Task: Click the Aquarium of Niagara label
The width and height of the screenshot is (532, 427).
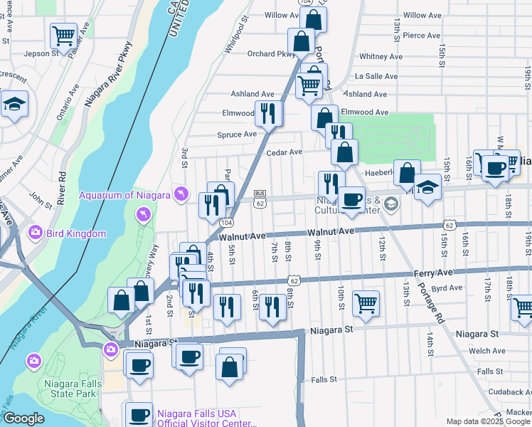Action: point(124,195)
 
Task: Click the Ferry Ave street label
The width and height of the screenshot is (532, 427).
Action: point(432,273)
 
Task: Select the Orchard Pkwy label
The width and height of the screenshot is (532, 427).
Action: point(271,53)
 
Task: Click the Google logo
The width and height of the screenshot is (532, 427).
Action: point(23,418)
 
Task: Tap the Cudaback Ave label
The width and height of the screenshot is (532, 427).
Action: point(501,391)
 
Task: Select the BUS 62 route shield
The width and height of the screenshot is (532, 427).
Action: point(260,199)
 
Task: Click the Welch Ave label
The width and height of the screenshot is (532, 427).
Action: point(487,351)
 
